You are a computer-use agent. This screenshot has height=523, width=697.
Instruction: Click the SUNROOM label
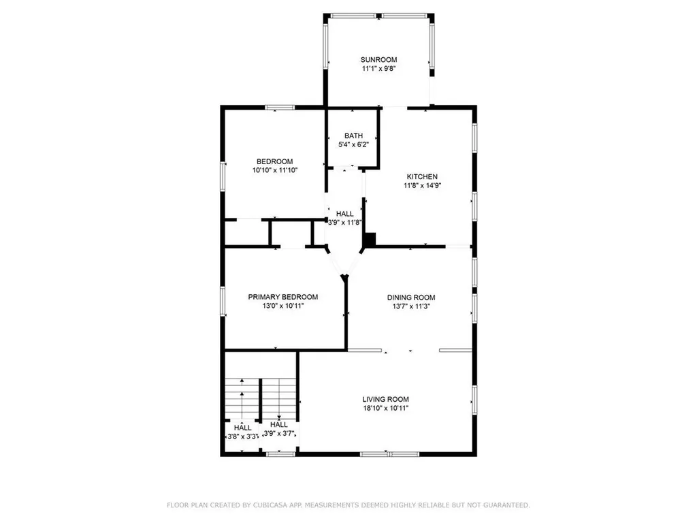click(x=379, y=60)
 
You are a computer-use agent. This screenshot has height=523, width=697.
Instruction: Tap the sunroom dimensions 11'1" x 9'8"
click(x=379, y=69)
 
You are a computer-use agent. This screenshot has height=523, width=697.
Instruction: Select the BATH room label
click(x=353, y=136)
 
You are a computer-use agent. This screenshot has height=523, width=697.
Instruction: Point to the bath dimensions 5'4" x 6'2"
click(x=353, y=144)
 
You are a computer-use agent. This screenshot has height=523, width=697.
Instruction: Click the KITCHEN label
click(x=422, y=176)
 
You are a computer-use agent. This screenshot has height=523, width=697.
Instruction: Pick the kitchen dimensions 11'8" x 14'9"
click(x=422, y=185)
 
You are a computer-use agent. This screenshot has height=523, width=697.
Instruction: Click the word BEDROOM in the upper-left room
click(x=275, y=161)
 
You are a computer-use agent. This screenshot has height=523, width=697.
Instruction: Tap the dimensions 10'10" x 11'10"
click(x=275, y=170)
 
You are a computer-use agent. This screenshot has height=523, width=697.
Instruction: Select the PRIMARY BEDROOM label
click(x=282, y=297)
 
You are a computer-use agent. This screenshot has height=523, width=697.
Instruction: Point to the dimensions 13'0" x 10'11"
click(x=282, y=306)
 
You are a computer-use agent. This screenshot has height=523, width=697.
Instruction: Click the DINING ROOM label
click(x=411, y=297)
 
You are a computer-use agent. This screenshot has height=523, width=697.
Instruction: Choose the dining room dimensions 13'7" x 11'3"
click(x=411, y=306)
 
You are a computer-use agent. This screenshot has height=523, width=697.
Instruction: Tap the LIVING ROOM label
click(x=385, y=399)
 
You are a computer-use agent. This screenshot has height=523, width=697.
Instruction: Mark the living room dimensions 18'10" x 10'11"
click(x=385, y=409)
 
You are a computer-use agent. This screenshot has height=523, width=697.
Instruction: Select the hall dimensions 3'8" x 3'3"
click(x=243, y=437)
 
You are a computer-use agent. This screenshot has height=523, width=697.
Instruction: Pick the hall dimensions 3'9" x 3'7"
click(x=278, y=433)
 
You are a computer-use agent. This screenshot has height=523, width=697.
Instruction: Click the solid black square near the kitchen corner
click(x=370, y=239)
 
